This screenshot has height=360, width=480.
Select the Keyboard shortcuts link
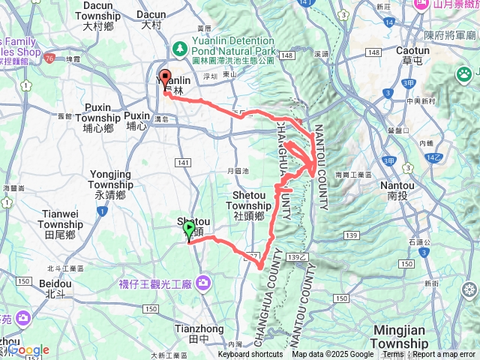tap(250, 355)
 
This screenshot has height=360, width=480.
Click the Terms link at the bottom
tap(393, 355)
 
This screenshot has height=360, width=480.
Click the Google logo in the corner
tap(28, 350)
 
